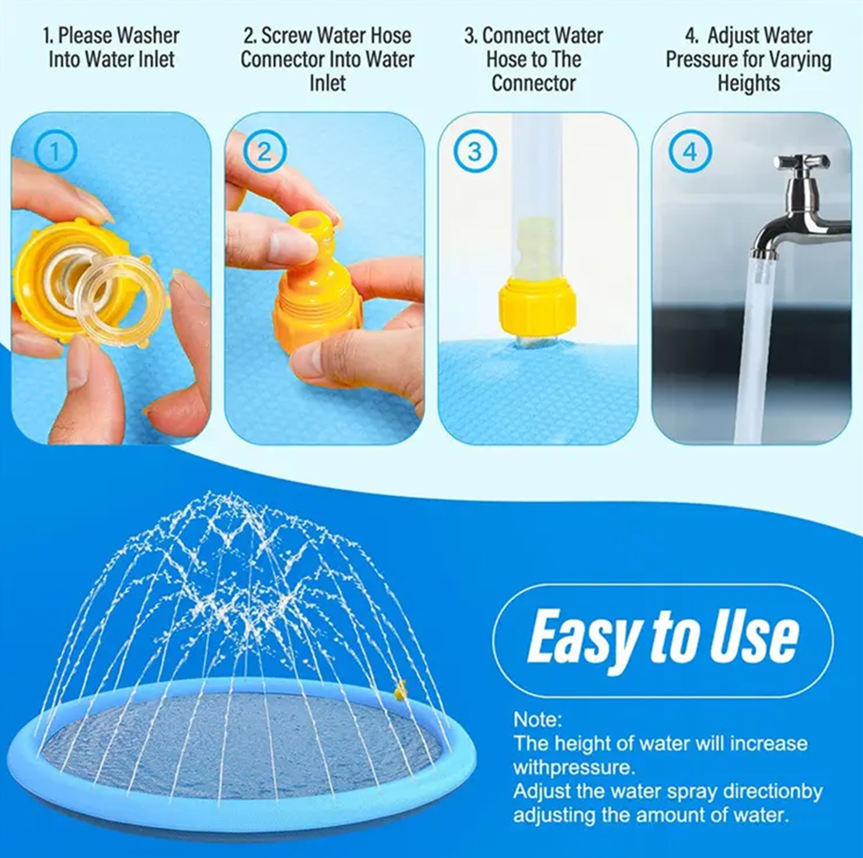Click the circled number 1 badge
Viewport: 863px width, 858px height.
[x=56, y=152]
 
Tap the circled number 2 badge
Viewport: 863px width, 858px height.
[x=264, y=152]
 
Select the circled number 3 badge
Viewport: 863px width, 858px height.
[x=474, y=152]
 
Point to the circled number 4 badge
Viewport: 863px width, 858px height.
[x=690, y=152]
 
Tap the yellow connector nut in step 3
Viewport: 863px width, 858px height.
[x=537, y=306]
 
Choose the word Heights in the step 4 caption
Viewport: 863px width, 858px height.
[x=748, y=84]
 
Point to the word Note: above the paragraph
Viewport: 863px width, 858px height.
[x=537, y=719]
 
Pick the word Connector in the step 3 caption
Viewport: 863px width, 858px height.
[x=534, y=84]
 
